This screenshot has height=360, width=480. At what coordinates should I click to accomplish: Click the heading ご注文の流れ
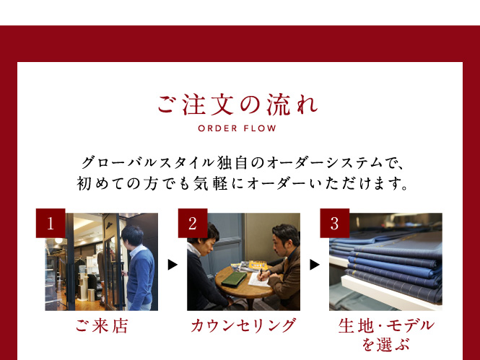pos(238,105)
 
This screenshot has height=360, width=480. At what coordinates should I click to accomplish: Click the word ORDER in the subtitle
pos(218,128)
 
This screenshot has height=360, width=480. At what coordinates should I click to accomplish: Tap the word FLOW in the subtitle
pos(260,128)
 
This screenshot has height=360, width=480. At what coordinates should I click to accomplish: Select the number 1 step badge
pos(51,223)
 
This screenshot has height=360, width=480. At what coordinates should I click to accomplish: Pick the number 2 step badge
pos(193,223)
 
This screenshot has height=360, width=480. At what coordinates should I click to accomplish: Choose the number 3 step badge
pos(335,223)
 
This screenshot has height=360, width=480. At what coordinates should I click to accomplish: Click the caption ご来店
pos(102,326)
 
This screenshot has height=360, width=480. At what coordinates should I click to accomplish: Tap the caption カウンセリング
pos(243,325)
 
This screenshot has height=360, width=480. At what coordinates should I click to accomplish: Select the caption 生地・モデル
pos(386,325)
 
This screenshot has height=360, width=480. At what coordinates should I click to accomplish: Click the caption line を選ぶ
pos(385,345)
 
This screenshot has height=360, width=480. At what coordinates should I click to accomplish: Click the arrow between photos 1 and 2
pos(173,265)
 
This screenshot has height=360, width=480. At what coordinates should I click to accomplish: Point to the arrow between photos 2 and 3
pos(315,265)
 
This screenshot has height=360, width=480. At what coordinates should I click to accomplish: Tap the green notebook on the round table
pos(234,279)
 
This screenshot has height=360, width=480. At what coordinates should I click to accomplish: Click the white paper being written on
pos(259,280)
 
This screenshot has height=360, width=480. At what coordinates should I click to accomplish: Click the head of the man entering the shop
pos(132,236)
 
